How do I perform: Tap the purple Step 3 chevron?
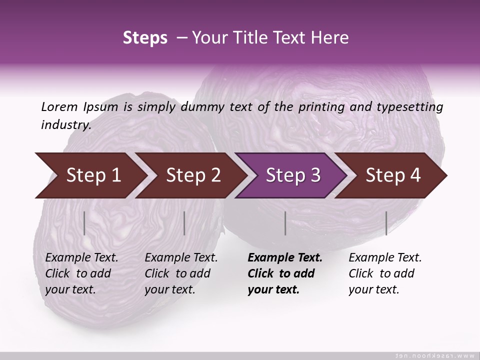coord(292,175)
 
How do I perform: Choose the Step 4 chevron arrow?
coord(393,175)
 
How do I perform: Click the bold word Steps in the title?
coord(145,37)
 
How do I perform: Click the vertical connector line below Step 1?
coord(84,223)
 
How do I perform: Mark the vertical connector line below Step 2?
coord(184,223)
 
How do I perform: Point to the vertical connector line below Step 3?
coord(285,223)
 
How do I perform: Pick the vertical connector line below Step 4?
coord(386,223)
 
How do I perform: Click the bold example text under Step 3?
coord(285,273)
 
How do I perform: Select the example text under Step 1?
coord(81,273)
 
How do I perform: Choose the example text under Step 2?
coord(181,273)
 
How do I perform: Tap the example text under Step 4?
coord(385,273)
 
